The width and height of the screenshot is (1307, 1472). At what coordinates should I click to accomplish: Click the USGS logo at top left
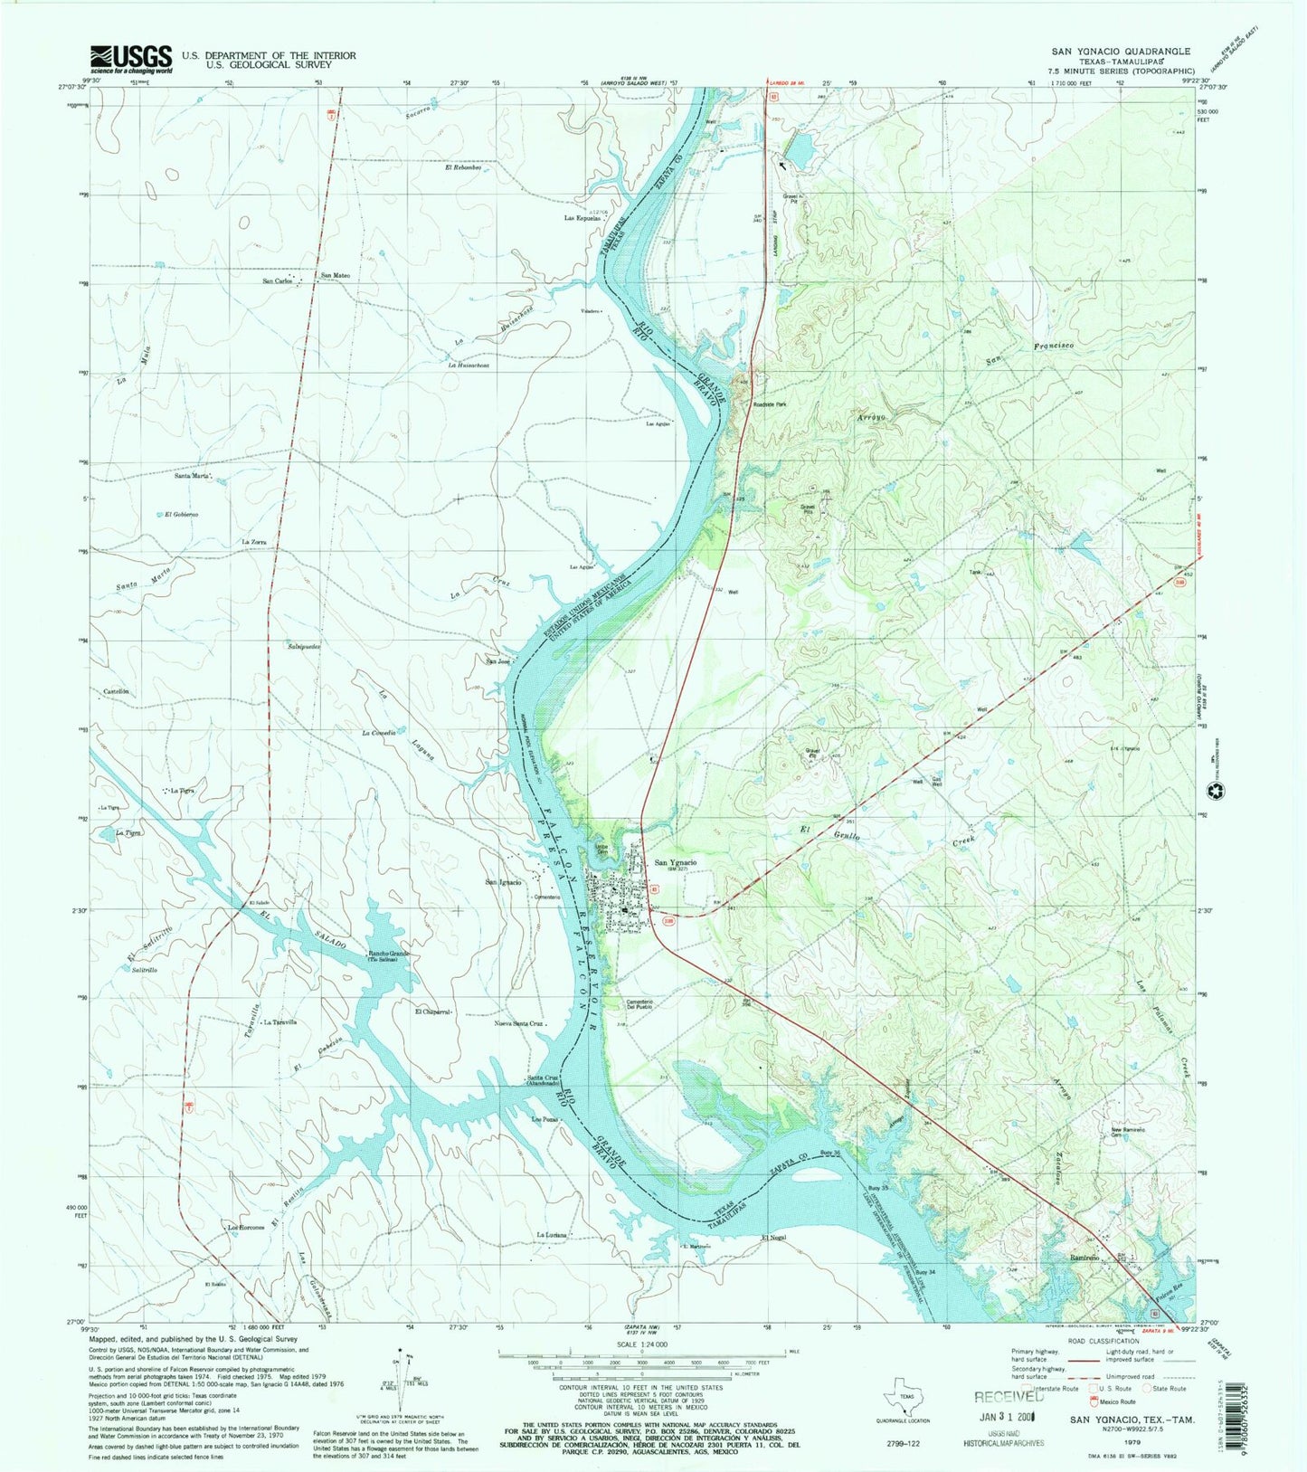click(130, 60)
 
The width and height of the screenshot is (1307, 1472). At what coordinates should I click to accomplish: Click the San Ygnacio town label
click(675, 862)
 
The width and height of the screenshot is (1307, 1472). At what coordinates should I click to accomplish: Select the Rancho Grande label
click(384, 954)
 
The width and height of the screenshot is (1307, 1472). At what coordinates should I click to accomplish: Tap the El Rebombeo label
click(459, 167)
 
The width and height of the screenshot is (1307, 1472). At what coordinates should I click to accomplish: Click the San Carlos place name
click(277, 281)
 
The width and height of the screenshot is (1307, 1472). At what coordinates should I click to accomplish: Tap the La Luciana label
click(551, 1234)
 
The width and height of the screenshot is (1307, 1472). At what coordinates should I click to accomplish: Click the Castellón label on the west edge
click(117, 691)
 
